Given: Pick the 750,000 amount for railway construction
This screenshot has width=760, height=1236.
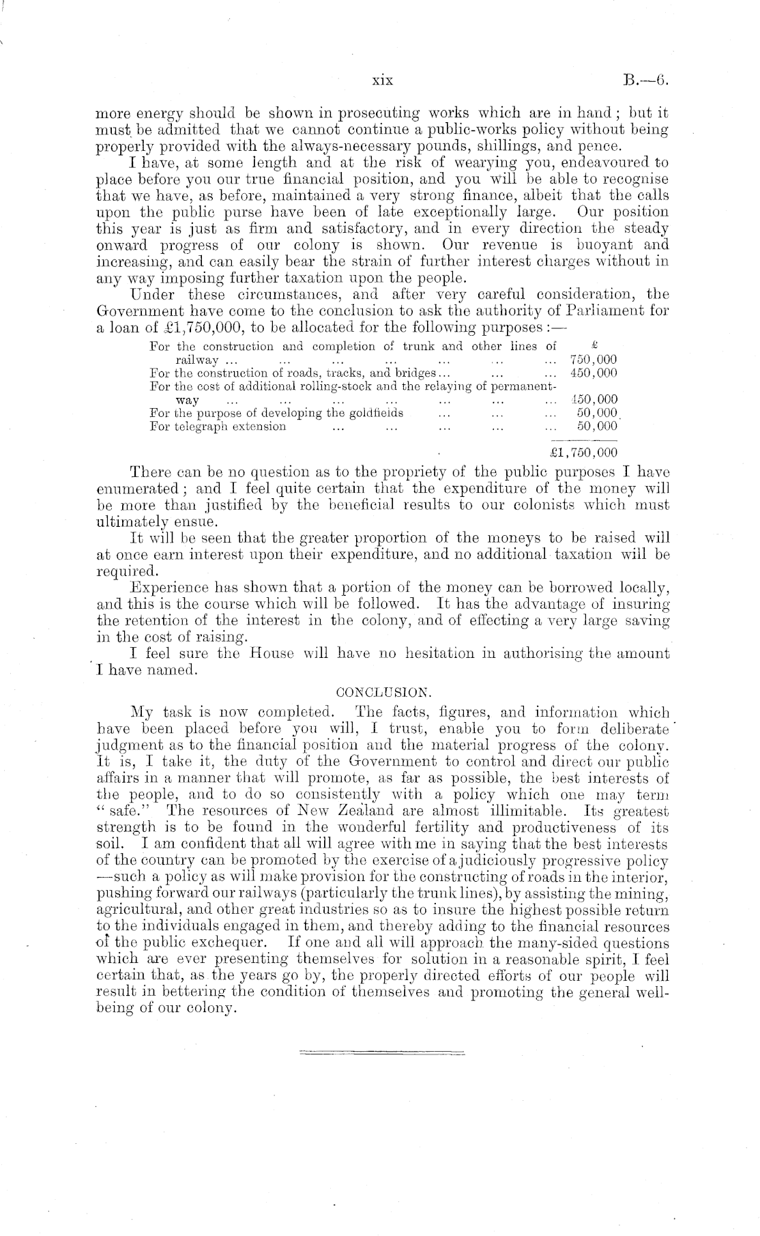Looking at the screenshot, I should tap(593, 360).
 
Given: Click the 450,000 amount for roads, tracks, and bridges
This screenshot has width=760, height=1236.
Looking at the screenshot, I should tap(593, 373).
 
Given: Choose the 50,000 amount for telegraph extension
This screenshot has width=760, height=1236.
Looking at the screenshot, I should tap(597, 427).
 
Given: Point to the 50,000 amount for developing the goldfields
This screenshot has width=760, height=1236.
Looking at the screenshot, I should tap(597, 413).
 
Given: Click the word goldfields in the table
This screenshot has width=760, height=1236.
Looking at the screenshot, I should tap(374, 413).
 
